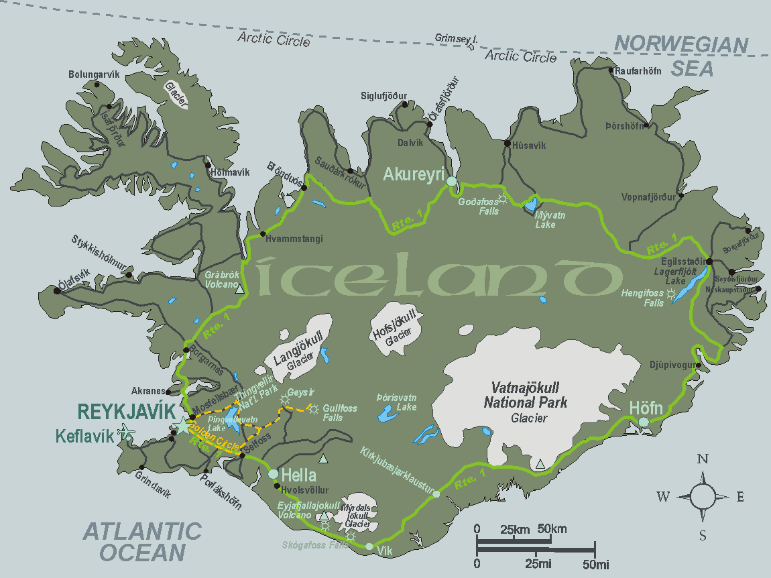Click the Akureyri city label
point(414,175)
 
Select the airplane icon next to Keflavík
point(126,433)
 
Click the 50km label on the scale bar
point(552,530)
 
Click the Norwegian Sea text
point(682,56)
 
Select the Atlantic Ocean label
point(143,542)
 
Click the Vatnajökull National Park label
point(529,396)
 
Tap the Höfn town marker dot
point(644,422)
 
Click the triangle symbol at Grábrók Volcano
point(240,290)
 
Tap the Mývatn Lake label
point(546,221)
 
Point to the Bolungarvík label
point(94,74)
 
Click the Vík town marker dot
point(369,546)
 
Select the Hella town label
point(298,475)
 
